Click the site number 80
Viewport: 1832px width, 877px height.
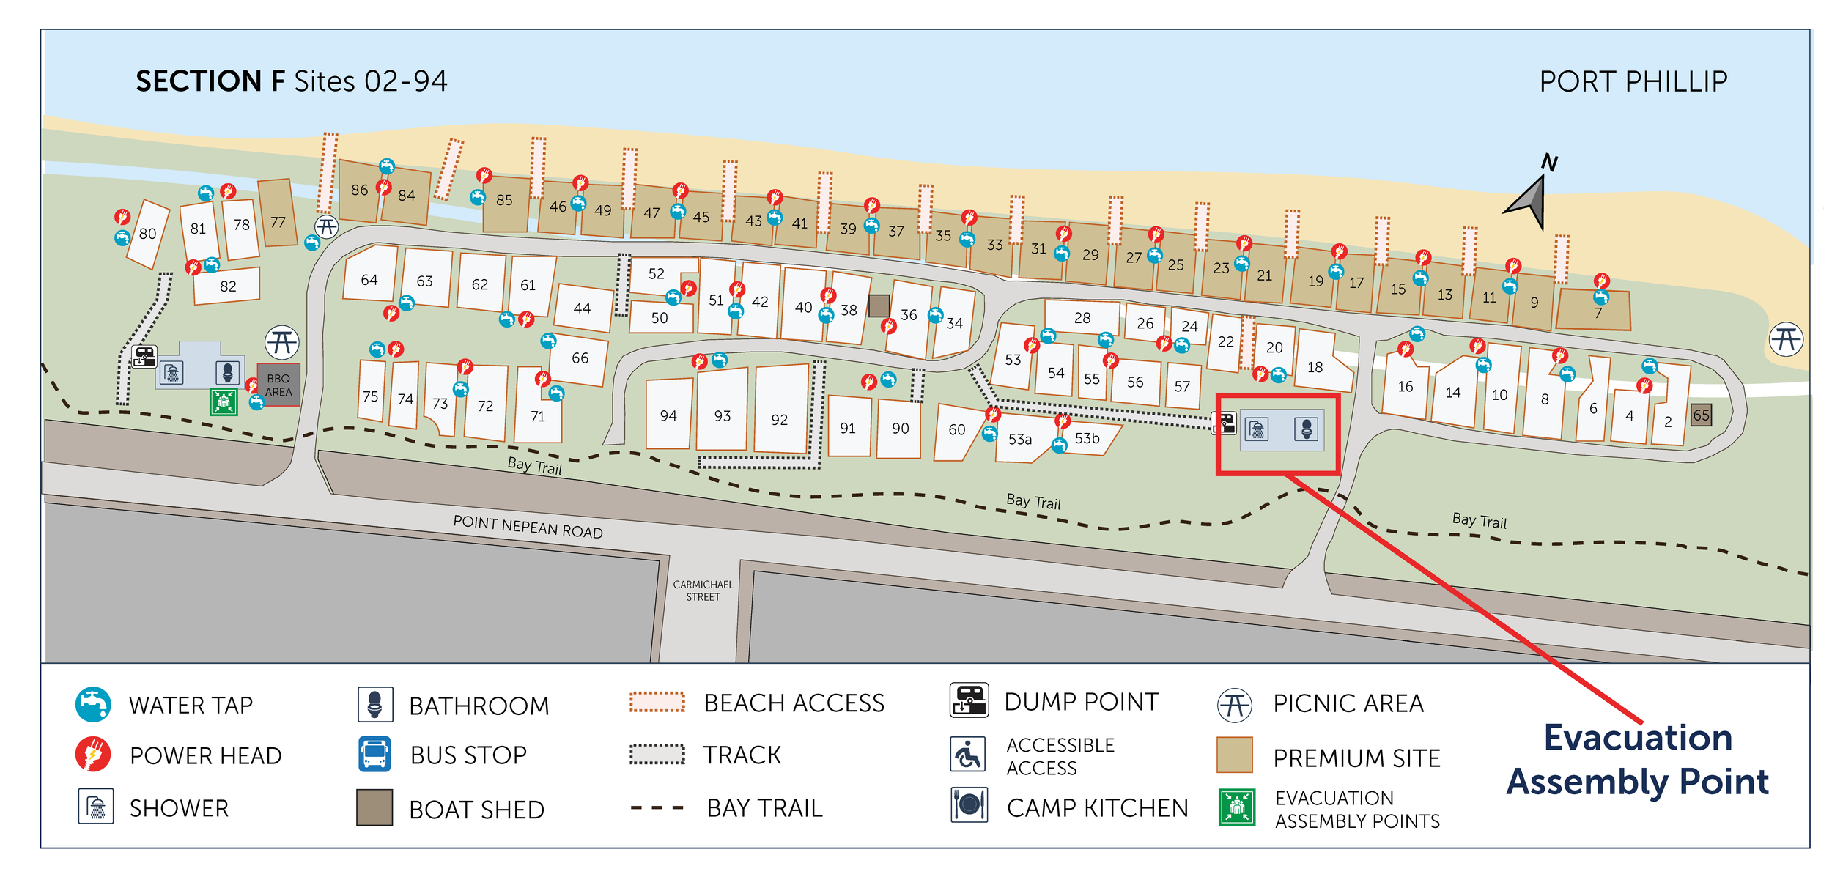pos(147,234)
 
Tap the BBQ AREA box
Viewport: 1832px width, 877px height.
pos(278,385)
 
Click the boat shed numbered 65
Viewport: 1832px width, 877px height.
pos(1701,415)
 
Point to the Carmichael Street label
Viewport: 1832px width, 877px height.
pos(703,591)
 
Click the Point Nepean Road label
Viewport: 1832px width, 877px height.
pos(528,527)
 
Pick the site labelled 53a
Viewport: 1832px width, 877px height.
pos(1019,439)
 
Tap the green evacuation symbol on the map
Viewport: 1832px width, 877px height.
pos(224,402)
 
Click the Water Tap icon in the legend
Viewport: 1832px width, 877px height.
pos(93,704)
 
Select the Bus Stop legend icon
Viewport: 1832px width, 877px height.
pos(374,755)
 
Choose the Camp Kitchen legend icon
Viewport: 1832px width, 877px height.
pos(969,805)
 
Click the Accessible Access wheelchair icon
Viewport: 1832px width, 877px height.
pos(968,755)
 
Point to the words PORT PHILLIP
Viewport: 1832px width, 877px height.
pos(1633,81)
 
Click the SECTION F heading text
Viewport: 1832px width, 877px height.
pos(210,81)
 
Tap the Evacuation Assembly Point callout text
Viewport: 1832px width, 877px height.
pos(1637,759)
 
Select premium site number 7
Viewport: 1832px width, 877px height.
pos(1598,313)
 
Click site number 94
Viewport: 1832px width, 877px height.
pos(668,415)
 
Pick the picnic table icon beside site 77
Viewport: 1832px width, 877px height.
pos(326,226)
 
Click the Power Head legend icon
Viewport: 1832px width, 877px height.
pos(93,755)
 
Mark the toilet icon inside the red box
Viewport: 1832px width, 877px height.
pos(1306,429)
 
